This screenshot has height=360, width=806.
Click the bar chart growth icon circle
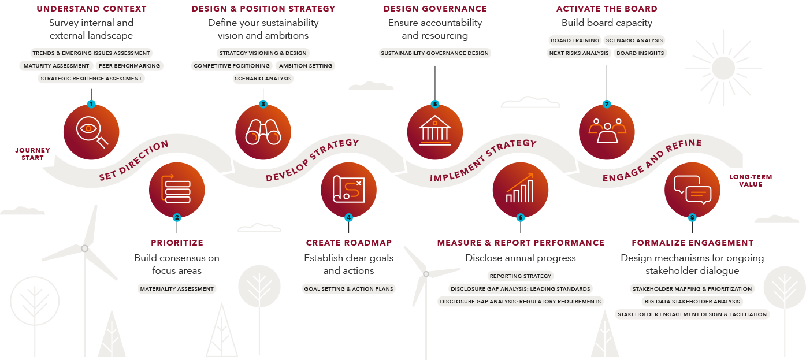pyautogui.click(x=520, y=190)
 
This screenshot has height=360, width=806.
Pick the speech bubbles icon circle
pyautogui.click(x=692, y=189)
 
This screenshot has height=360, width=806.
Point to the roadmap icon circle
pyautogui.click(x=348, y=190)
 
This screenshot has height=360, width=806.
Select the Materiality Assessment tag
pyautogui.click(x=177, y=288)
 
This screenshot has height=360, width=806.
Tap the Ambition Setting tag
pyautogui.click(x=306, y=66)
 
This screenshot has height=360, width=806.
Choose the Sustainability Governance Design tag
pyautogui.click(x=435, y=53)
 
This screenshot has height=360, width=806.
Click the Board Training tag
pyautogui.click(x=574, y=40)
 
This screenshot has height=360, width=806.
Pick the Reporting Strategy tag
pyautogui.click(x=521, y=276)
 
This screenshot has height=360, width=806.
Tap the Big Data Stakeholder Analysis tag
pyautogui.click(x=692, y=302)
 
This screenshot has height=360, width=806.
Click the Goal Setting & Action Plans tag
pyautogui.click(x=348, y=288)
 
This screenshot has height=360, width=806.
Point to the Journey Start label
pyautogui.click(x=32, y=154)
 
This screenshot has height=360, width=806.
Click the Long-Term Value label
pyautogui.click(x=751, y=180)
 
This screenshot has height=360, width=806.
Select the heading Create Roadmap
pyautogui.click(x=348, y=243)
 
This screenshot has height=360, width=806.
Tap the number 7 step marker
pyautogui.click(x=607, y=104)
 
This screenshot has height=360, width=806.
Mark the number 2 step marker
pyautogui.click(x=177, y=218)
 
